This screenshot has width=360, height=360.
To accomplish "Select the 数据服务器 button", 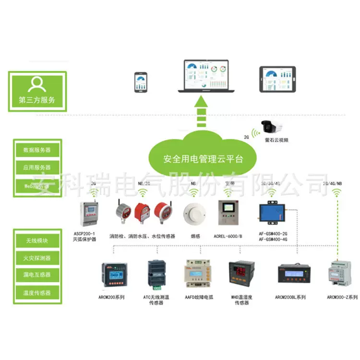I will coord(37,150).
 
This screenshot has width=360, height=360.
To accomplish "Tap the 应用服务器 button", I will coord(37,168).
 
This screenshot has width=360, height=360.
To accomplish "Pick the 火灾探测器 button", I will coord(37,258).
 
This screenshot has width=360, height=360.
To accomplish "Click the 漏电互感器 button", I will coord(37,275).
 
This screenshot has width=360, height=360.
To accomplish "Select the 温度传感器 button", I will coord(37,293).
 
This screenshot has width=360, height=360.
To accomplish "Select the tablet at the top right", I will coord(278,79).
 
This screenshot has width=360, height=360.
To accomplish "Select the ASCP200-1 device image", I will coord(90,214).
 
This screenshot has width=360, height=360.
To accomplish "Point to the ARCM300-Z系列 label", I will coord(342,298).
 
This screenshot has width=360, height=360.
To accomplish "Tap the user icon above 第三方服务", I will coord(37,84).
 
